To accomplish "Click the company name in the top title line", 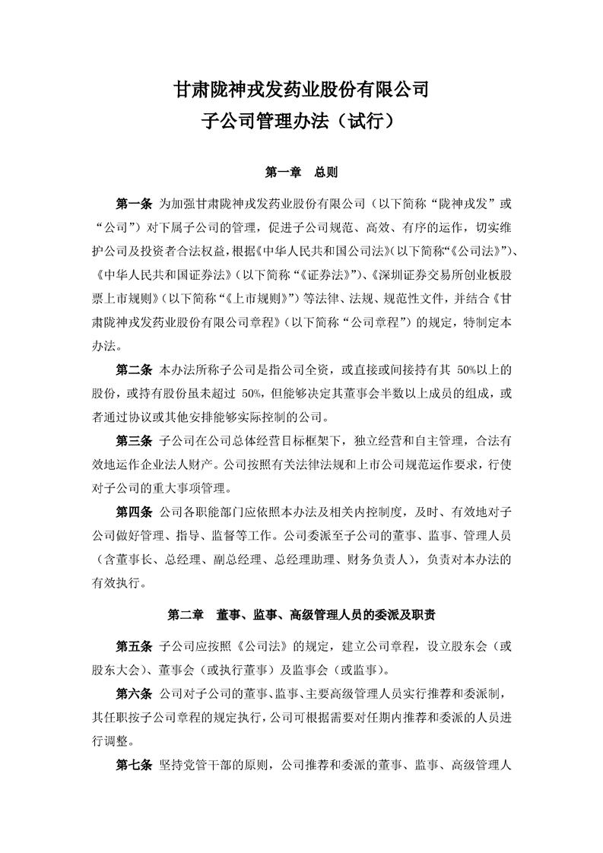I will point(302,90).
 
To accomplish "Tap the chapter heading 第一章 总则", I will point(302,173).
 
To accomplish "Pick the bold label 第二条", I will point(134,371).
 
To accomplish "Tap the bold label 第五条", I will point(134,647).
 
